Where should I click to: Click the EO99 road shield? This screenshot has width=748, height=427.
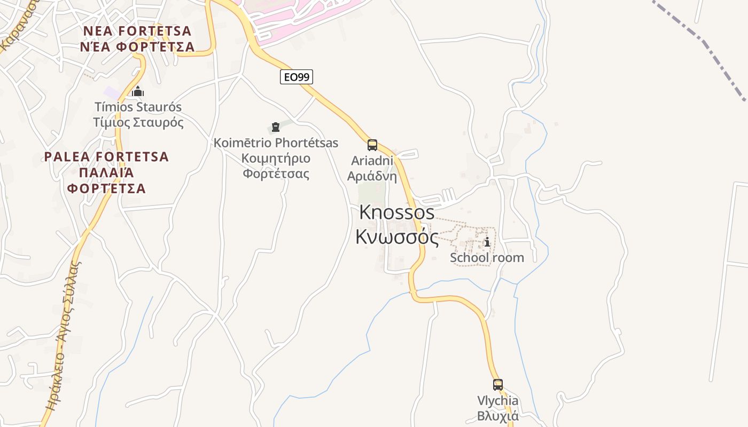coord(297,77)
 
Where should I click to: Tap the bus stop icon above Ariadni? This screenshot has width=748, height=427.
coord(372,145)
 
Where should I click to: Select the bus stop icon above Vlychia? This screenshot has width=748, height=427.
coord(498,384)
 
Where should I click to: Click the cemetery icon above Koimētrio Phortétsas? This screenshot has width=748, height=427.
coord(276,127)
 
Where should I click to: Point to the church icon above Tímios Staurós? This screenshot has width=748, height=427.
coord(138,91)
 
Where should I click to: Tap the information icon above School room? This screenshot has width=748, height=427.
coord(487,242)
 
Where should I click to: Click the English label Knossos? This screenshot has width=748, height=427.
coord(397,212)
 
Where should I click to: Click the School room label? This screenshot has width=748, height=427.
coord(487,258)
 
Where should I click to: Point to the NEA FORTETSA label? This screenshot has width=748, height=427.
coord(138,30)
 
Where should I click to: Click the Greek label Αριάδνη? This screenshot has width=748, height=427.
coord(372,176)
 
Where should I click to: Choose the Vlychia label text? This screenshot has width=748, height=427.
coord(498,401)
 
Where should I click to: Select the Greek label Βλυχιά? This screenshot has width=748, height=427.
coord(498,416)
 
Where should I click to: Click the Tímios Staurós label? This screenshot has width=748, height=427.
coord(138,107)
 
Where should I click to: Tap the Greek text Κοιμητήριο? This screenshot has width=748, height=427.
coord(276,159)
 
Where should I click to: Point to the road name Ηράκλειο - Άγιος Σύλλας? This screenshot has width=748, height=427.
coord(63,336)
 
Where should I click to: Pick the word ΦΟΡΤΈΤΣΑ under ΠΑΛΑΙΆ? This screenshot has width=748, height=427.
coord(106,188)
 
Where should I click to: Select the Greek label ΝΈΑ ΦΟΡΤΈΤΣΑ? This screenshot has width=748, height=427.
coord(138,47)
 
